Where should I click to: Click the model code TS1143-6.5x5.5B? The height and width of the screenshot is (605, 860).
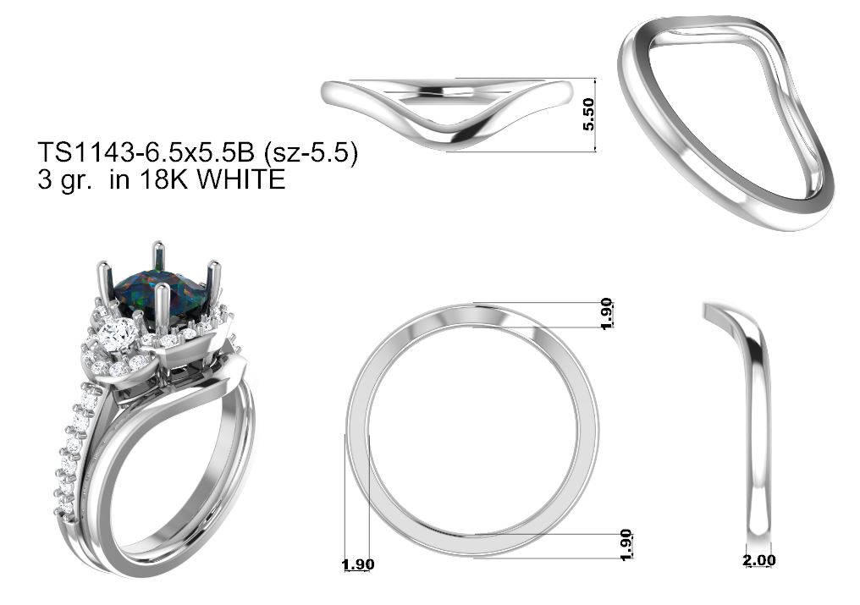[x=146, y=152]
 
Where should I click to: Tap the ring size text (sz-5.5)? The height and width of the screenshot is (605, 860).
[x=311, y=153]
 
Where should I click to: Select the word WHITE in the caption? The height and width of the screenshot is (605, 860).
[x=241, y=179]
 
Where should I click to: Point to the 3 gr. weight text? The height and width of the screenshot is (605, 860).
[x=64, y=180]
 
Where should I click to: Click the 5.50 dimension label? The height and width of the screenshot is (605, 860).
[x=588, y=114]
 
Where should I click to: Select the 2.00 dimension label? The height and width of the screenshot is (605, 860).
[x=759, y=560]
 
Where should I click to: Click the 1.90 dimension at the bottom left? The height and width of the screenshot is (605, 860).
[x=357, y=564]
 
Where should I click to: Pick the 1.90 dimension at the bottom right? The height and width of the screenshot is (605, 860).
[x=626, y=545]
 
